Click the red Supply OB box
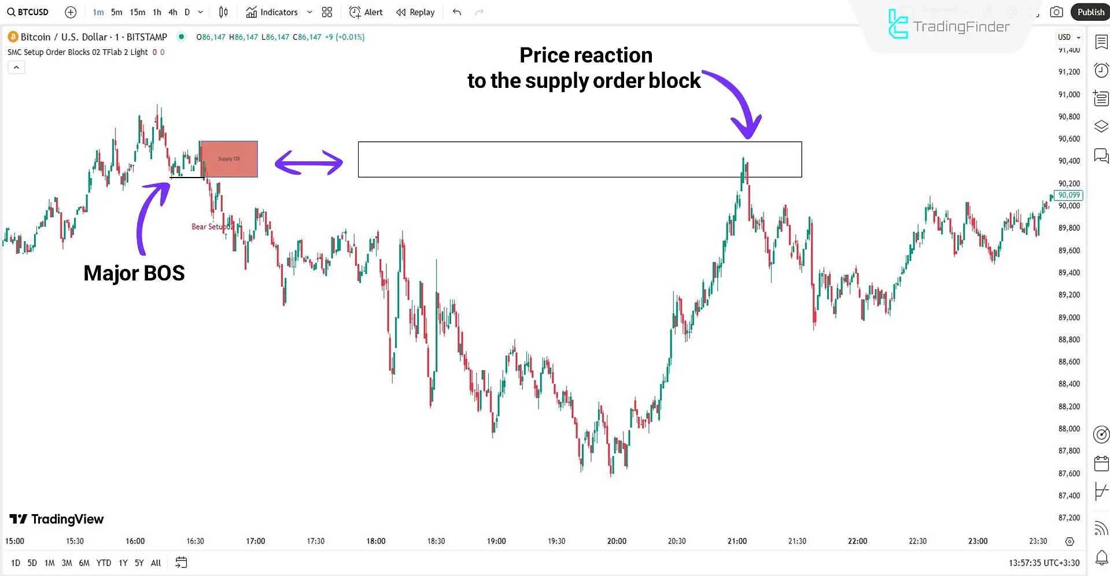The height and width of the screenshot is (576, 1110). tap(228, 159)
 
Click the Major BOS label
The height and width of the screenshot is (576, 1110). tap(134, 273)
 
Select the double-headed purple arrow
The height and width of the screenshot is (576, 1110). tap(308, 163)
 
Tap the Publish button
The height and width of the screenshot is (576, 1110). tap(1090, 12)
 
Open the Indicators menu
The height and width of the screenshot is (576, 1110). tap(272, 12)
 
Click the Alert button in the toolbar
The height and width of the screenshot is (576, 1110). tap(366, 12)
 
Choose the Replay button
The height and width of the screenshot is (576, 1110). tap(415, 12)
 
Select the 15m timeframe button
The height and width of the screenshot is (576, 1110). tap(137, 12)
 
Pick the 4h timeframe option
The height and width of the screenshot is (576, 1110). tap(172, 12)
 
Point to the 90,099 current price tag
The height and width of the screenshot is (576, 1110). tap(1068, 195)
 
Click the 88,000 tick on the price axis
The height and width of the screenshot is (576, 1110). tap(1069, 429)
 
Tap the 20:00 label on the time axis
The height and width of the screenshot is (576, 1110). tap(617, 541)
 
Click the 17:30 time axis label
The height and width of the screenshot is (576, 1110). tap(316, 541)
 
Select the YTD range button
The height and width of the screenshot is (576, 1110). tap(104, 563)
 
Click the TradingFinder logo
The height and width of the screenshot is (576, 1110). tap(949, 25)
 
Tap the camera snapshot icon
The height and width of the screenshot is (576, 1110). tap(1056, 12)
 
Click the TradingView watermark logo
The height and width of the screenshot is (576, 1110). tap(57, 519)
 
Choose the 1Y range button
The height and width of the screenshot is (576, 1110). tap(123, 563)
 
